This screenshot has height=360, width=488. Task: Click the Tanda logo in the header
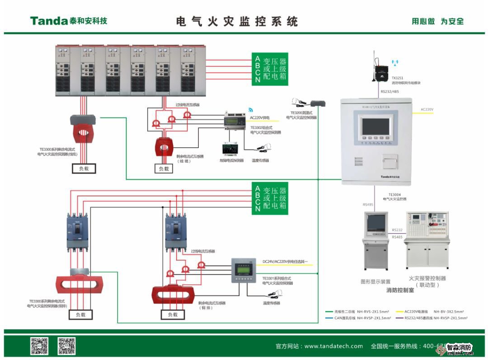pyautogui.click(x=68, y=21)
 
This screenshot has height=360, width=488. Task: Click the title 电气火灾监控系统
pyautogui.click(x=237, y=21)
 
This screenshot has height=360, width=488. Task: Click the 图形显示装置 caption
pyautogui.click(x=375, y=281)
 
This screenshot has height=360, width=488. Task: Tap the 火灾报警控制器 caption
pyautogui.click(x=427, y=279)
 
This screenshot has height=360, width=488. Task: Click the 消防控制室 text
pyautogui.click(x=400, y=290)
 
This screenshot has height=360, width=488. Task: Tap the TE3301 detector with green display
pyautogui.click(x=244, y=270)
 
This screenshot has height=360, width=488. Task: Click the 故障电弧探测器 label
pyautogui.click(x=231, y=160)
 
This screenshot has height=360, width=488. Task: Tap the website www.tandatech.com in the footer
pyautogui.click(x=333, y=346)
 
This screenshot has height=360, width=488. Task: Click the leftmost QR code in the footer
pyautogui.click(x=39, y=346)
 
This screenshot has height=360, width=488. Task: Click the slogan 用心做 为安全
pyautogui.click(x=437, y=21)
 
